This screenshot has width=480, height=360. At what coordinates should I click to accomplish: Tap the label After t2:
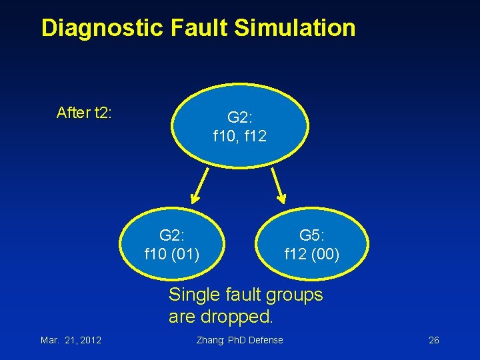[x=84, y=113]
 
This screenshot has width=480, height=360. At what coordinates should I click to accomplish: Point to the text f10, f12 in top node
[x=240, y=137]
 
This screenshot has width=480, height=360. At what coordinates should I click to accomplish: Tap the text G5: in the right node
[x=312, y=235]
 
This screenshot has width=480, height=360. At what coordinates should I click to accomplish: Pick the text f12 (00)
[x=312, y=254]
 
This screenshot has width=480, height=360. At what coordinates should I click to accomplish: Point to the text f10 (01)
[x=172, y=254]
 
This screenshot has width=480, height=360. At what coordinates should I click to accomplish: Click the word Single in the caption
[x=194, y=295]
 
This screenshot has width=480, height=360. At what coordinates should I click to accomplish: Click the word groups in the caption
[x=294, y=295]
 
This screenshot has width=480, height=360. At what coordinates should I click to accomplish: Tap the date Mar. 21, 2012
[x=71, y=340]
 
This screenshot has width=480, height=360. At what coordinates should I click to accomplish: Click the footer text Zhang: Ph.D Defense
[x=240, y=340]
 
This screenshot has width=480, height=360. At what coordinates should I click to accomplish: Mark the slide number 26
[x=434, y=340]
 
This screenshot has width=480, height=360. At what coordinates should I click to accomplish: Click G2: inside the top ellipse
[x=240, y=118]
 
